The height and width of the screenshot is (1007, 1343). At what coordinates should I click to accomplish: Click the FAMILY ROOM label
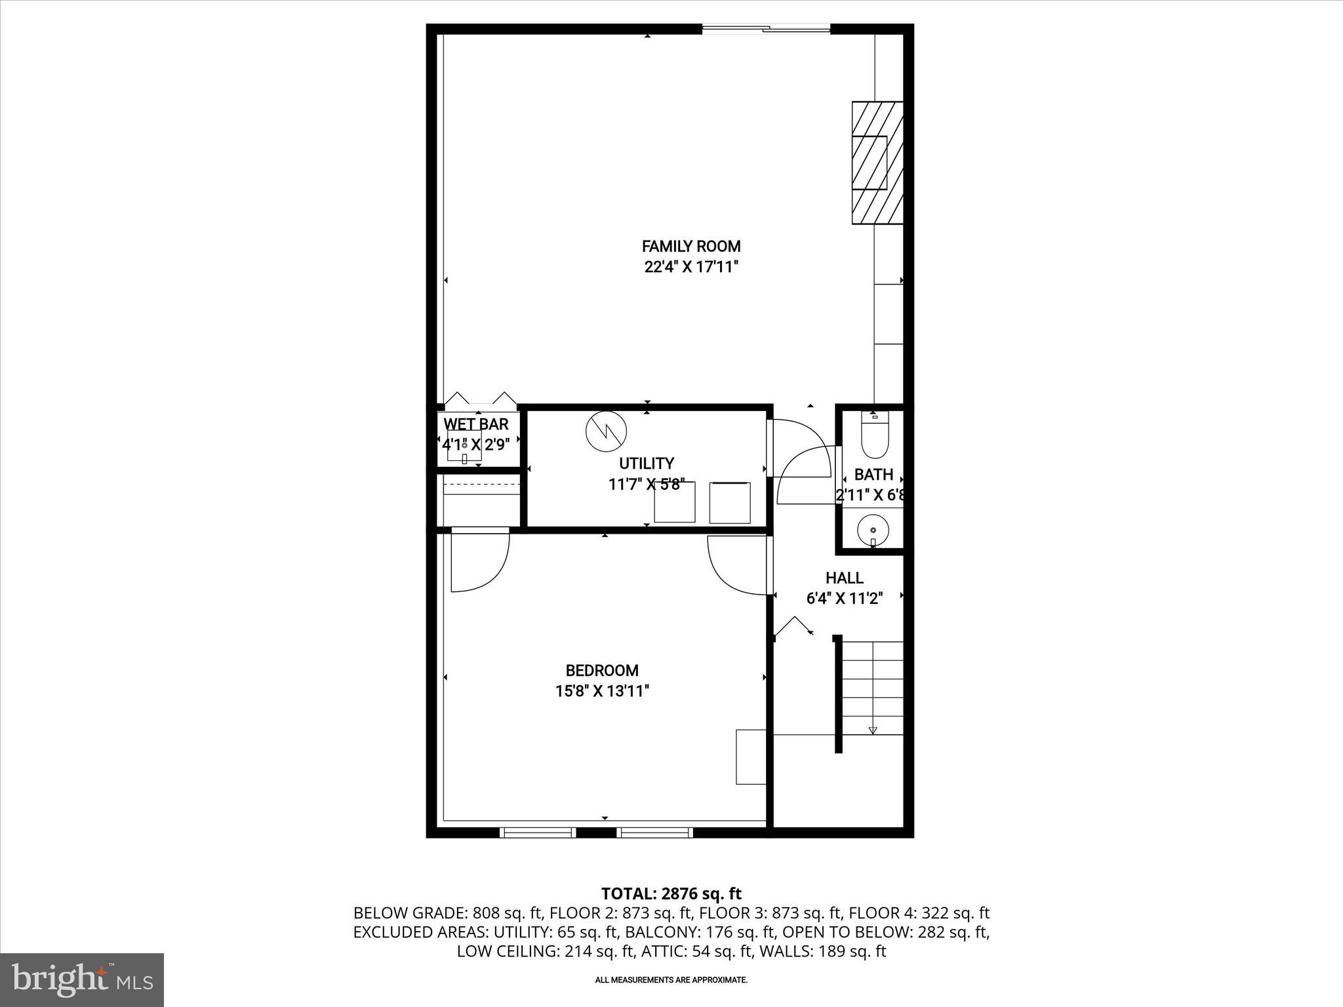pyautogui.click(x=691, y=247)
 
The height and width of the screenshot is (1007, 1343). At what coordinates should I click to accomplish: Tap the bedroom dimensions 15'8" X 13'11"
pyautogui.click(x=602, y=691)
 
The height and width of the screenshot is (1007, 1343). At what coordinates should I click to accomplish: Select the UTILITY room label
pyautogui.click(x=646, y=464)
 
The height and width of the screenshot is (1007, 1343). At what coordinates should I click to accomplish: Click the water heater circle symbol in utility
pyautogui.click(x=606, y=431)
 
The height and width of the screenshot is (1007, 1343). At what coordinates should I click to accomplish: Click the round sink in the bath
pyautogui.click(x=873, y=528)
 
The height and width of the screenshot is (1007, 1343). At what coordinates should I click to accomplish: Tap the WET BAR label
pyautogui.click(x=476, y=424)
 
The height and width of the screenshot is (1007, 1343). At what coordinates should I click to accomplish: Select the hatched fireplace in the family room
pyautogui.click(x=877, y=163)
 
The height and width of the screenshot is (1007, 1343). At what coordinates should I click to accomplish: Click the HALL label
pyautogui.click(x=844, y=578)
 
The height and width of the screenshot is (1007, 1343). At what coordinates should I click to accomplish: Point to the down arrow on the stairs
pyautogui.click(x=873, y=730)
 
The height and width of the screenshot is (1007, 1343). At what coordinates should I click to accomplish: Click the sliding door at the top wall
pyautogui.click(x=766, y=29)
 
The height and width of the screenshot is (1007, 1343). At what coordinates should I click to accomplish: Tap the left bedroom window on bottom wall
pyautogui.click(x=538, y=833)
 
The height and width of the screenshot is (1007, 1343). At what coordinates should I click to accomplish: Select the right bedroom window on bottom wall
pyautogui.click(x=654, y=833)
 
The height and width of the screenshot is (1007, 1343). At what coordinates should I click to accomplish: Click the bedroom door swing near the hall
pyautogui.click(x=736, y=564)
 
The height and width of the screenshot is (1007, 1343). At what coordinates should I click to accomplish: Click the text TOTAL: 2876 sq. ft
pyautogui.click(x=671, y=894)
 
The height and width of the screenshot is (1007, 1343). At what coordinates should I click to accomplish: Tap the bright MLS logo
pyautogui.click(x=82, y=979)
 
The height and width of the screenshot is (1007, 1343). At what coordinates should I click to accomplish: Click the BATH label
pyautogui.click(x=873, y=474)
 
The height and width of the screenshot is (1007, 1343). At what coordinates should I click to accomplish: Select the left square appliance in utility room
pyautogui.click(x=675, y=503)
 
